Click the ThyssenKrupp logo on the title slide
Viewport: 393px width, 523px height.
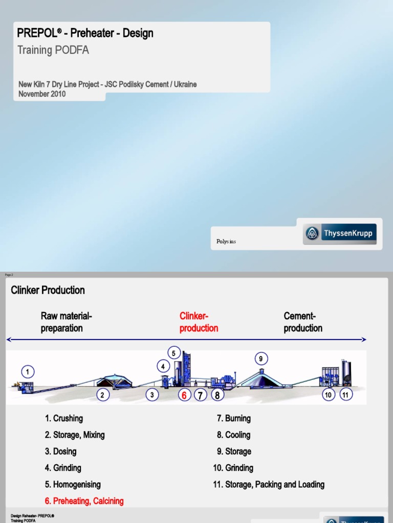pos(340,234)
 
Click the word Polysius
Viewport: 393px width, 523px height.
pos(226,242)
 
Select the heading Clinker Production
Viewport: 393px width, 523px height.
pos(48,290)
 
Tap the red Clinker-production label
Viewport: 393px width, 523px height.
pos(199,322)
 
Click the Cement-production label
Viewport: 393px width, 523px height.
pos(303,322)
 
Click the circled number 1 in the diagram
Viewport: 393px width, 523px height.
pos(28,371)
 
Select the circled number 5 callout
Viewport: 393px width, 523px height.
pos(173,353)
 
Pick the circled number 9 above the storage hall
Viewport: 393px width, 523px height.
pos(260,359)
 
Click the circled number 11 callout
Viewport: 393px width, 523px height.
pos(346,395)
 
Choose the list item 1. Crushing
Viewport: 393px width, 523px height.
pos(63,418)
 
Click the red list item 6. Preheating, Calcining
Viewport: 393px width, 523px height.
pos(84,501)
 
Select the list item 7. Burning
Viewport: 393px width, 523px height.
pos(233,418)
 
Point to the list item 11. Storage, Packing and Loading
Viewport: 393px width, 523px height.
pos(269,484)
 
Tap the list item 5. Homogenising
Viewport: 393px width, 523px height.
pos(73,484)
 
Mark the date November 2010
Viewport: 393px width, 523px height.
pos(42,94)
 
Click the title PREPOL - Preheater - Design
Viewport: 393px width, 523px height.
pos(85,34)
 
